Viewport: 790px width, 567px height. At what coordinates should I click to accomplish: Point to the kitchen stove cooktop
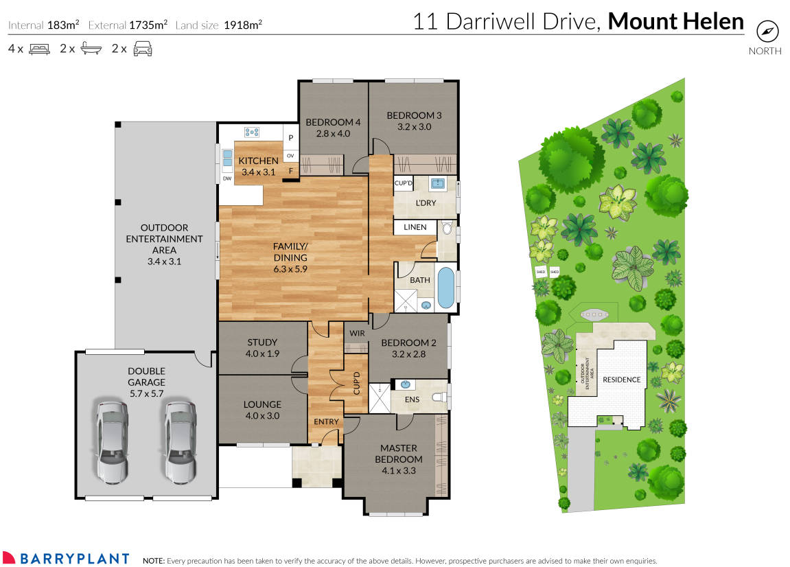251,132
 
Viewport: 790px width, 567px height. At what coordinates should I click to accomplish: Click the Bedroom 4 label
333,128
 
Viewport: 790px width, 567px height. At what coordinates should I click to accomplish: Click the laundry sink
437,183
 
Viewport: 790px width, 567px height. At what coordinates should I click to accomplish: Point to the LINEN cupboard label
415,227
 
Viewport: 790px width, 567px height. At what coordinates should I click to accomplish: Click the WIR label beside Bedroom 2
356,333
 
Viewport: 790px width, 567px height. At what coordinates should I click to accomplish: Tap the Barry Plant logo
66,558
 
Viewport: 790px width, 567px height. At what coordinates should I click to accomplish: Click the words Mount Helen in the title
675,21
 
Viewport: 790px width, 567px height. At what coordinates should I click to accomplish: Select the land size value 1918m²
243,25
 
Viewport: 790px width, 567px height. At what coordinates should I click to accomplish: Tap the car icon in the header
142,49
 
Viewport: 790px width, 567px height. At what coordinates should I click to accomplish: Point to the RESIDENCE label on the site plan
621,380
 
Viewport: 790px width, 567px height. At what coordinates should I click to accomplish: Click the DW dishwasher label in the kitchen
226,178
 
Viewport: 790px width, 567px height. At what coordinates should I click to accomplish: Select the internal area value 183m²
62,25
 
